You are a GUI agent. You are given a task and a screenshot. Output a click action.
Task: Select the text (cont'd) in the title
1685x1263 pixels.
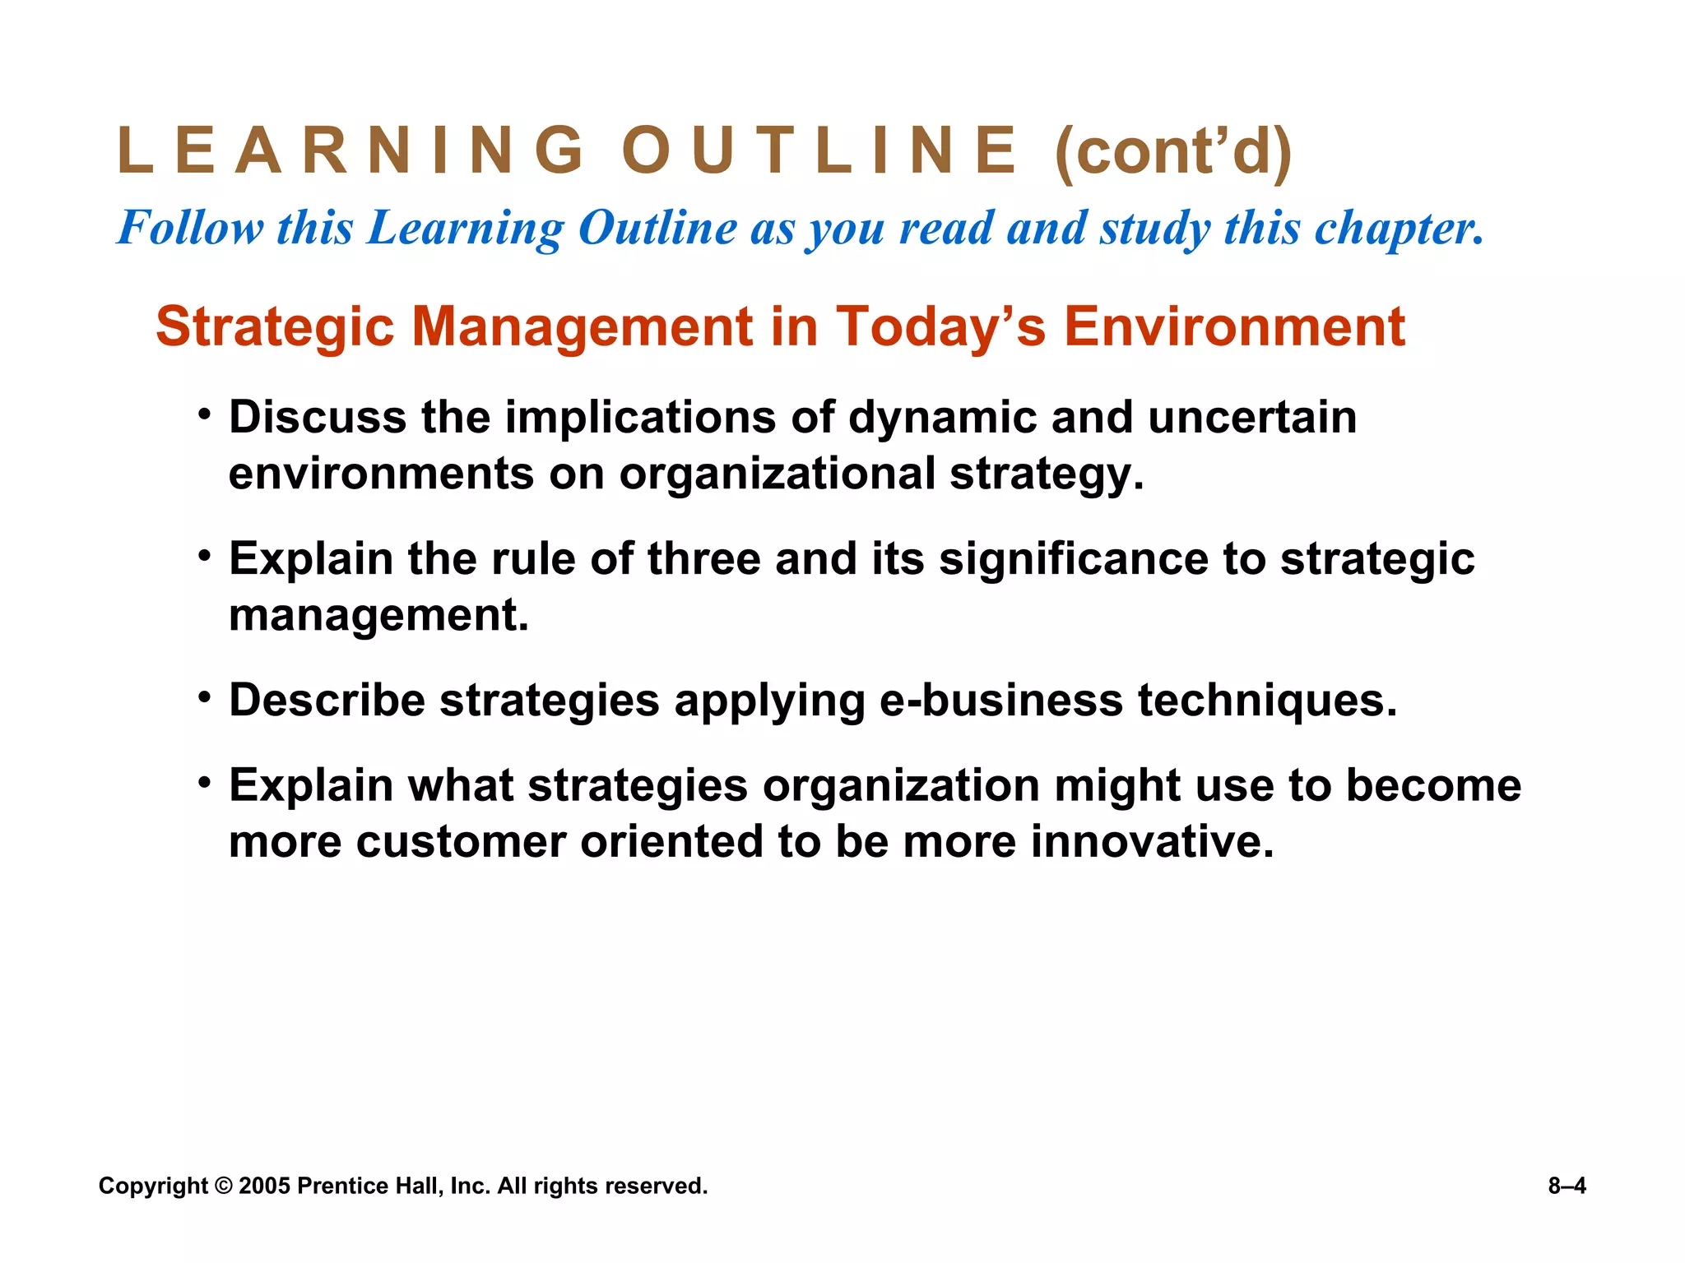1173,152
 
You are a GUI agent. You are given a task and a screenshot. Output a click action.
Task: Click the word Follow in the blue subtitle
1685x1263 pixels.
191,228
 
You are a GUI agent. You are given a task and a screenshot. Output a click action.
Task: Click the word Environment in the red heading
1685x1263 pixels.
1234,326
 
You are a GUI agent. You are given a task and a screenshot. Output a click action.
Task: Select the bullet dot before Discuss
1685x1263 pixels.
204,411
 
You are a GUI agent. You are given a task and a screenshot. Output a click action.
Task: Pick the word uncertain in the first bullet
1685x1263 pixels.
1252,417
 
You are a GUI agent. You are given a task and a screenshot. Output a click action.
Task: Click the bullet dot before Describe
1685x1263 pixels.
204,695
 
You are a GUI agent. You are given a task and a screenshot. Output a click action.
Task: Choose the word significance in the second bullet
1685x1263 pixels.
1074,560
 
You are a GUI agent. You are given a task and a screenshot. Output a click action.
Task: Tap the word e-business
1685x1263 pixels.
1001,701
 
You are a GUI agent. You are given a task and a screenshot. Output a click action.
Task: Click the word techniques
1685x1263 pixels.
1267,701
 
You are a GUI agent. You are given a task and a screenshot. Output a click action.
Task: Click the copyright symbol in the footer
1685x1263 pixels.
223,1186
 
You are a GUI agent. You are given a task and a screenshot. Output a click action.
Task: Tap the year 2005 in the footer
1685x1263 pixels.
264,1186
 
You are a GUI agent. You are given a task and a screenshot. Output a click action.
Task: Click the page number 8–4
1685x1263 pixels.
1567,1186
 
